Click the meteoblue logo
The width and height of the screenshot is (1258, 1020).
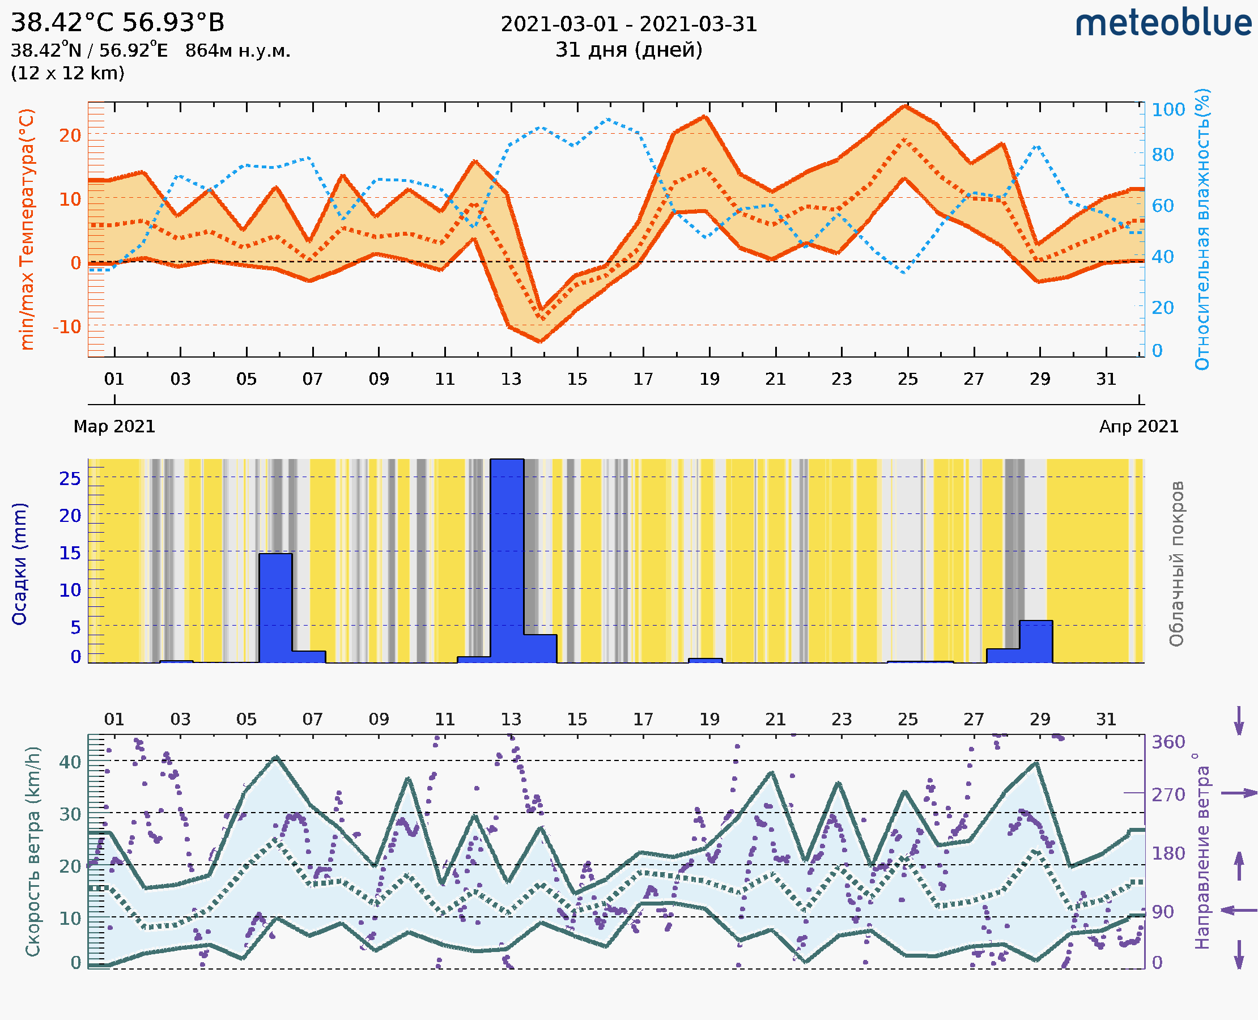[1163, 23]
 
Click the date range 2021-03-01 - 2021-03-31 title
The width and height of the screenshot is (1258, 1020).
[628, 24]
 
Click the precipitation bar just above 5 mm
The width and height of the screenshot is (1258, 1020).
[1035, 641]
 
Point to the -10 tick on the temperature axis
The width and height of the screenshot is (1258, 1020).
[67, 326]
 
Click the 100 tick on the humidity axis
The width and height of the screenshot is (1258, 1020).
[1168, 109]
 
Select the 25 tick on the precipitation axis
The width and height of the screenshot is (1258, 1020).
[70, 479]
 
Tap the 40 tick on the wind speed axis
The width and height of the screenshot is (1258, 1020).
[70, 762]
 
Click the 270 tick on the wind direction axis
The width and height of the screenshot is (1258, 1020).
[1168, 794]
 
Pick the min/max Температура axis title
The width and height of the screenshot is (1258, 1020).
[27, 229]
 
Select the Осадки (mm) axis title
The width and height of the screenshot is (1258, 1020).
[19, 564]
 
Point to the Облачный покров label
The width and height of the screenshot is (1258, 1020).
[1176, 564]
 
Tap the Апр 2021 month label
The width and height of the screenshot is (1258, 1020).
[1139, 426]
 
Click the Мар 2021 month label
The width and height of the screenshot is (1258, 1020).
[114, 426]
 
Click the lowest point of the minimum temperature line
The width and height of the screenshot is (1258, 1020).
[540, 341]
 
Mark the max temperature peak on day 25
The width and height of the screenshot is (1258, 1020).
[906, 106]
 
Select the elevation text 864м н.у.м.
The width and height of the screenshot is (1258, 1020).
[237, 51]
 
